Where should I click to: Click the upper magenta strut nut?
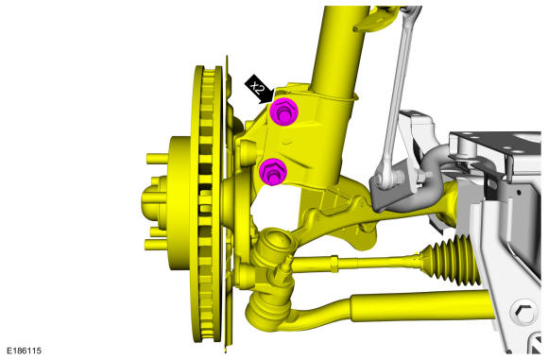point(283,111)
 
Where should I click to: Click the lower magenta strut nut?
point(273,171)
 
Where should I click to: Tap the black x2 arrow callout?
point(259,90)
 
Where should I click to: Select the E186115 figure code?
point(25,351)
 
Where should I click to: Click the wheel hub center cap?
point(153,203)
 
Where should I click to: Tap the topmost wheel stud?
point(157,159)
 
